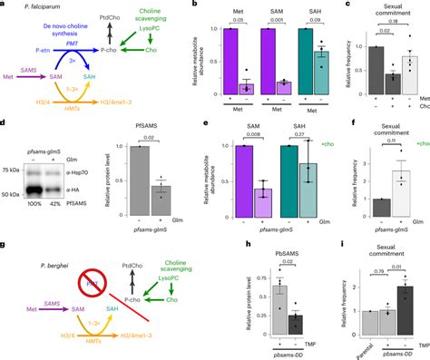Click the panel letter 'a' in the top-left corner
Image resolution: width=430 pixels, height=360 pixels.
tap(5, 5)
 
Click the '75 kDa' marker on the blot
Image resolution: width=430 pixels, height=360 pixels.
tap(14, 169)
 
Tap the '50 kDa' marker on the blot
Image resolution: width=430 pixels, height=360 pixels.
tap(14, 194)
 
